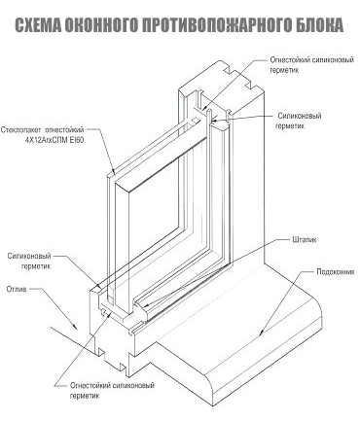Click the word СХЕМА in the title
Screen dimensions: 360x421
[x=38, y=25]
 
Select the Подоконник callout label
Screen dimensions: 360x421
[x=336, y=272]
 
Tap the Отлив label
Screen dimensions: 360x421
[x=17, y=289]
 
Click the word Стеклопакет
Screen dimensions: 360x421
[x=21, y=130]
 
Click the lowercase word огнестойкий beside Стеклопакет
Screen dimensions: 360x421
[x=64, y=130]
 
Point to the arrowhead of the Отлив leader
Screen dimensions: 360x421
[x=76, y=328]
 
